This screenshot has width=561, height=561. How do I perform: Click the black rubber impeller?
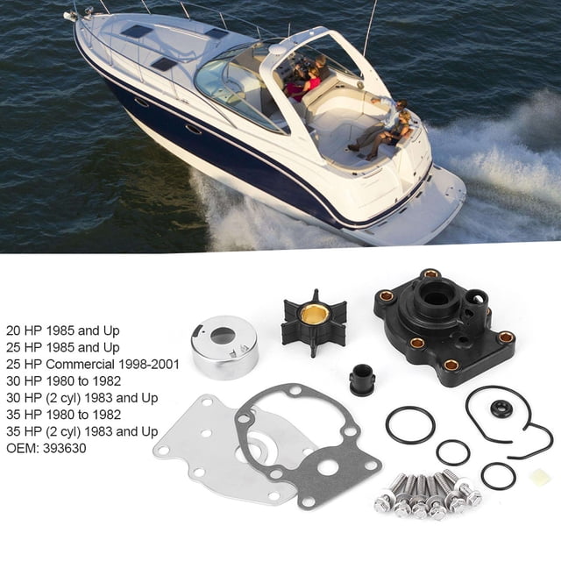click(314, 323)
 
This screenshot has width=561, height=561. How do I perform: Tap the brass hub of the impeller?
click(314, 315)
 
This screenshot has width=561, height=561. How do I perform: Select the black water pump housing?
click(444, 326)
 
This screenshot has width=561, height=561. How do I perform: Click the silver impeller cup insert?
click(225, 347)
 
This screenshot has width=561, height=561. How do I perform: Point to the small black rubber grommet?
click(362, 380)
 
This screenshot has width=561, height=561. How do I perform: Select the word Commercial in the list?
click(80, 365)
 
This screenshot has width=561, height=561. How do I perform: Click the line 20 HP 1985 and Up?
click(63, 331)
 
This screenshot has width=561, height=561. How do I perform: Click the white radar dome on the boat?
click(278, 49)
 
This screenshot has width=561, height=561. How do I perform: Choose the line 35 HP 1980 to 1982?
click(64, 415)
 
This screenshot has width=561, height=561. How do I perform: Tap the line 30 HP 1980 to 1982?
click(64, 381)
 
